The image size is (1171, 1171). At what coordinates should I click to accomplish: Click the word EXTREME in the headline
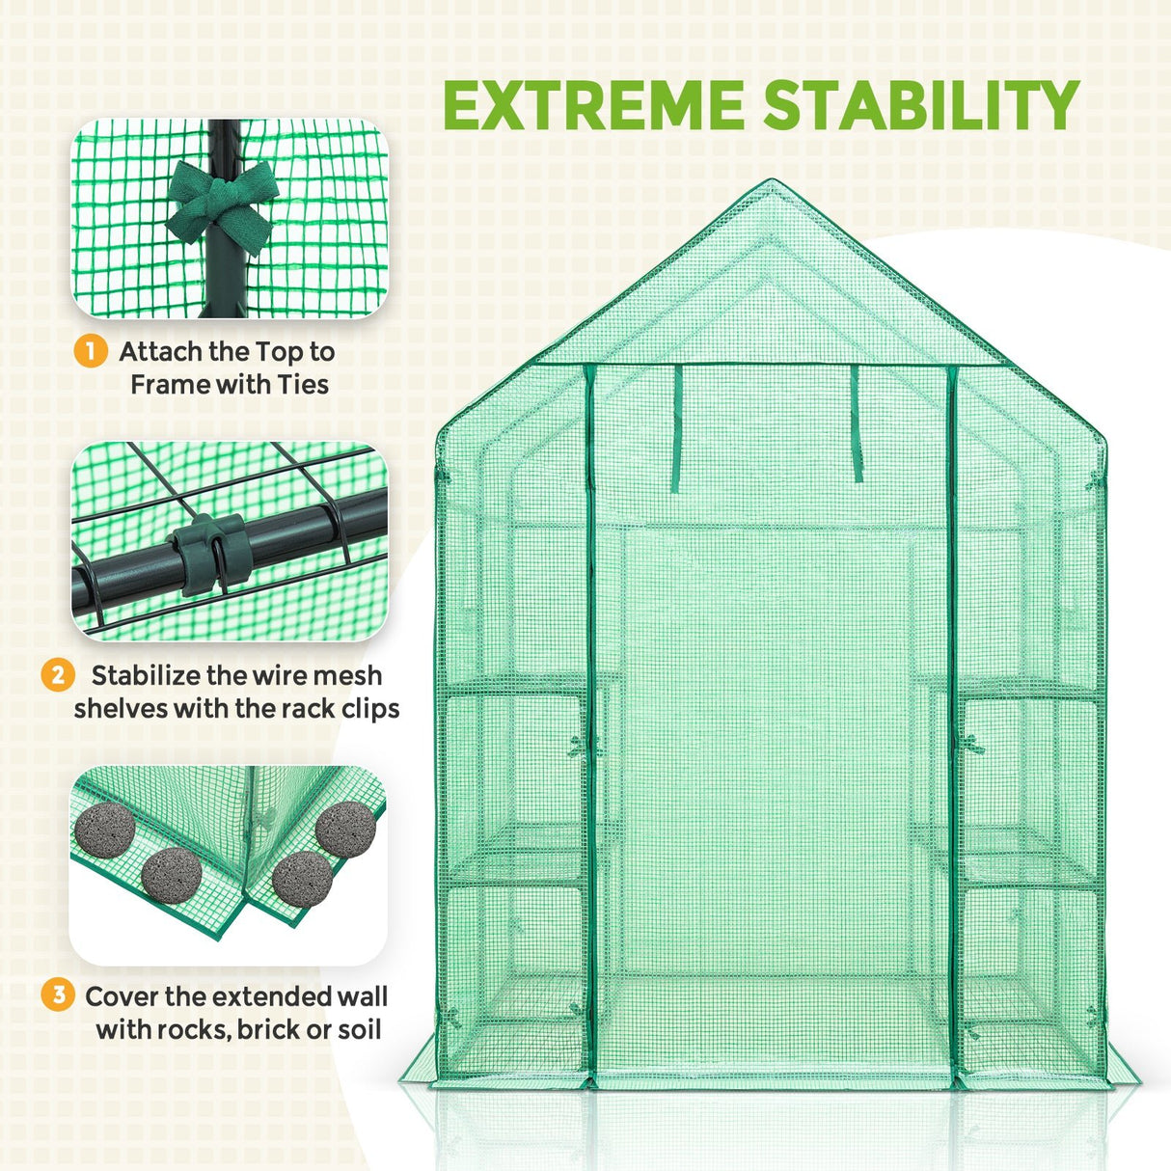(592, 105)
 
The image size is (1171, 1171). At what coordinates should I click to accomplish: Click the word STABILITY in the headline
(912, 105)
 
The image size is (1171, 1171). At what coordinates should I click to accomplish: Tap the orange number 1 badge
(90, 351)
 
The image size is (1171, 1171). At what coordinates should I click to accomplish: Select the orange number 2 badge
(58, 674)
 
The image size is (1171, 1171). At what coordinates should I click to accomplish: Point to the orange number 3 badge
(58, 994)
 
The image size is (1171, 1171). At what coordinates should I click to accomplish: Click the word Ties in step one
(303, 385)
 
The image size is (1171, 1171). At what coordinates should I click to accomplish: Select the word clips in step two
(366, 709)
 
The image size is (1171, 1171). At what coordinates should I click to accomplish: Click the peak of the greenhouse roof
(770, 183)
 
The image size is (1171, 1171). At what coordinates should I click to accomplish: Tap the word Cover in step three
(123, 996)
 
